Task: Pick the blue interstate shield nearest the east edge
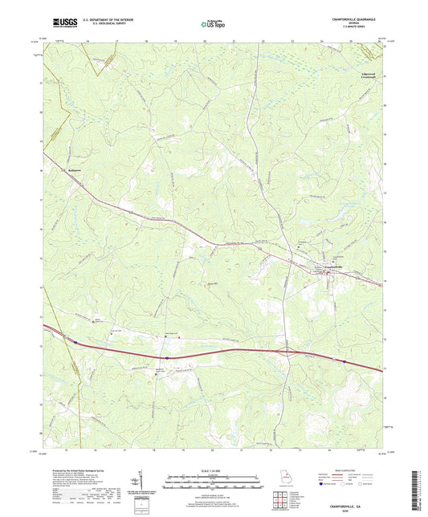click(x=344, y=361)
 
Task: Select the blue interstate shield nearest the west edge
click(x=76, y=343)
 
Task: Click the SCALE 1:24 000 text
click(x=213, y=469)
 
